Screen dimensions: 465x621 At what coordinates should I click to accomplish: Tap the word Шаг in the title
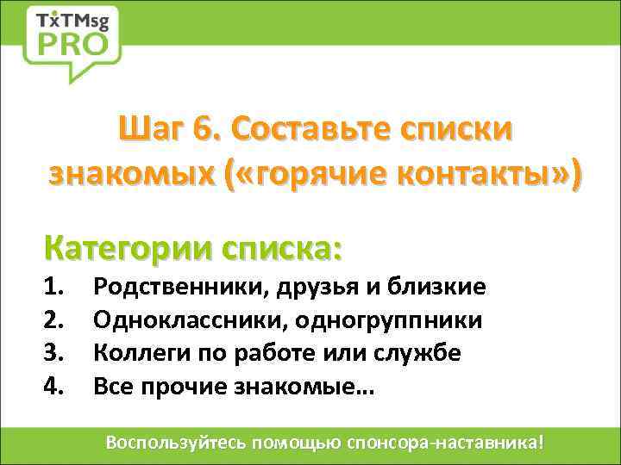tap(152, 131)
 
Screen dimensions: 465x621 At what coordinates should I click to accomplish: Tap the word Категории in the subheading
tap(128, 248)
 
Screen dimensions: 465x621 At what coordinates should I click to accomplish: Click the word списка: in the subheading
tap(282, 248)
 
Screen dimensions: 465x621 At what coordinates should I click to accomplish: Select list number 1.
tap(54, 286)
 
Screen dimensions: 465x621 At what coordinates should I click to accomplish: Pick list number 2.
tap(54, 319)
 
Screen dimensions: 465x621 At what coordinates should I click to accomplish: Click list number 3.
tap(54, 353)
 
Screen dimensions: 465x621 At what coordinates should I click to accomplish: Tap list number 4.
tap(54, 387)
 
